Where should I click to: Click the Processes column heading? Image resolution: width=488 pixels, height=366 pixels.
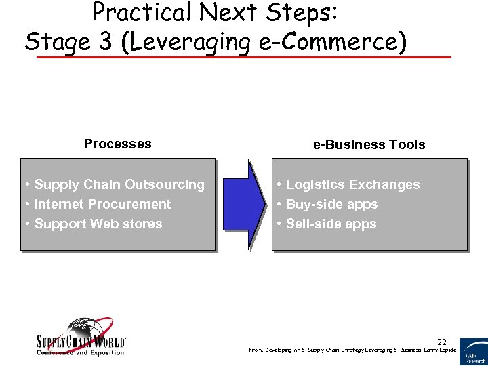(117, 144)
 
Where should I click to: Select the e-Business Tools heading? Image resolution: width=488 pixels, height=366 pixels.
(369, 144)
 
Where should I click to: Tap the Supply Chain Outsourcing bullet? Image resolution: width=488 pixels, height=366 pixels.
(115, 184)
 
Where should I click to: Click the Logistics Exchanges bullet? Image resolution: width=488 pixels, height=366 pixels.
(348, 184)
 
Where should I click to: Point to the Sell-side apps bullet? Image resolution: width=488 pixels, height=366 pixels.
(326, 224)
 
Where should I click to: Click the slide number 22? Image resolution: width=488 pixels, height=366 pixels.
(442, 342)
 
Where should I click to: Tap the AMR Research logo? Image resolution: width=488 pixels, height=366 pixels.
(473, 351)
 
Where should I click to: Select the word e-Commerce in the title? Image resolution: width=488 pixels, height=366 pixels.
(339, 41)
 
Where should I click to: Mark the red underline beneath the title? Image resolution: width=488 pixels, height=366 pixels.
(243, 57)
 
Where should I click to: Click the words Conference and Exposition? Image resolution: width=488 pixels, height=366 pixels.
(81, 352)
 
